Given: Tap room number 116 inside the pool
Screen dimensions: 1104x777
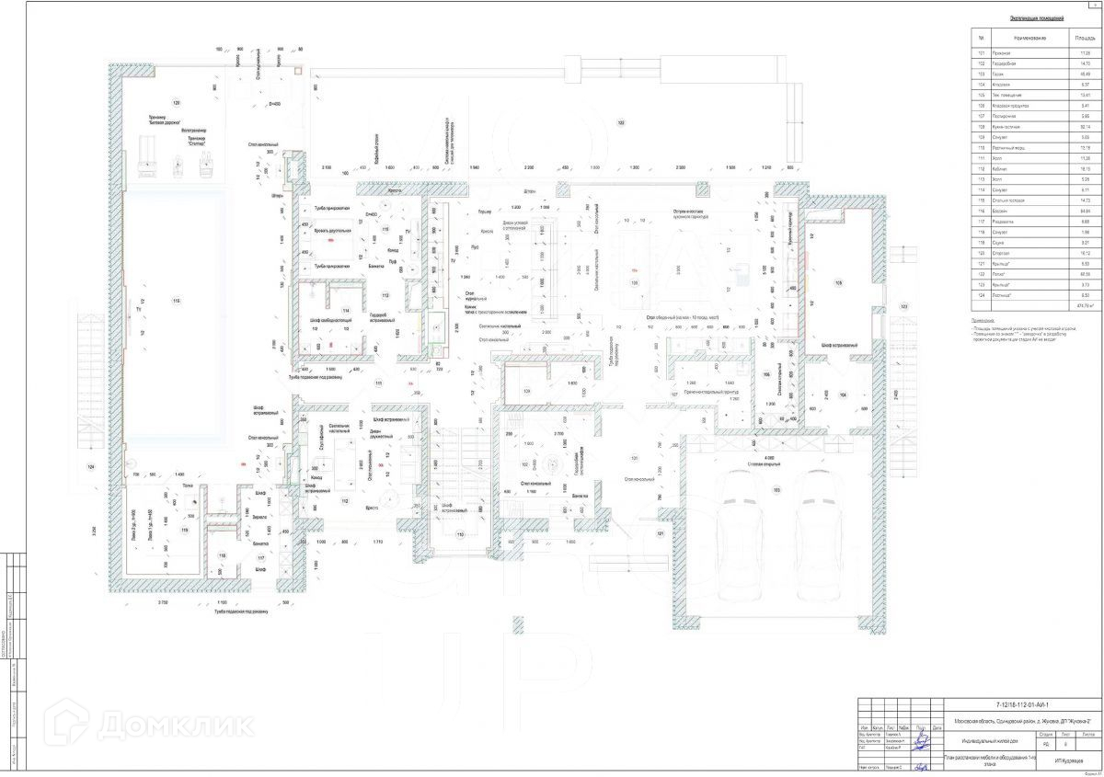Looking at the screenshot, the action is click(175, 300).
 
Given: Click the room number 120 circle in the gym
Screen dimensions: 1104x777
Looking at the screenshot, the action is click(177, 102).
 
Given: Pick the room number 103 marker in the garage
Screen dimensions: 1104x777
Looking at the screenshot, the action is click(776, 490).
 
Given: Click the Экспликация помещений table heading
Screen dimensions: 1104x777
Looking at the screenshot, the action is click(1037, 18).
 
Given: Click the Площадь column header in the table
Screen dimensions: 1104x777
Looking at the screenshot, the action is click(1084, 39).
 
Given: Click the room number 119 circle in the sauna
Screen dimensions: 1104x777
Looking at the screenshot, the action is click(184, 530).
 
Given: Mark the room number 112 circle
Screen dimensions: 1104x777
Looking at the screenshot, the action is click(344, 500).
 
